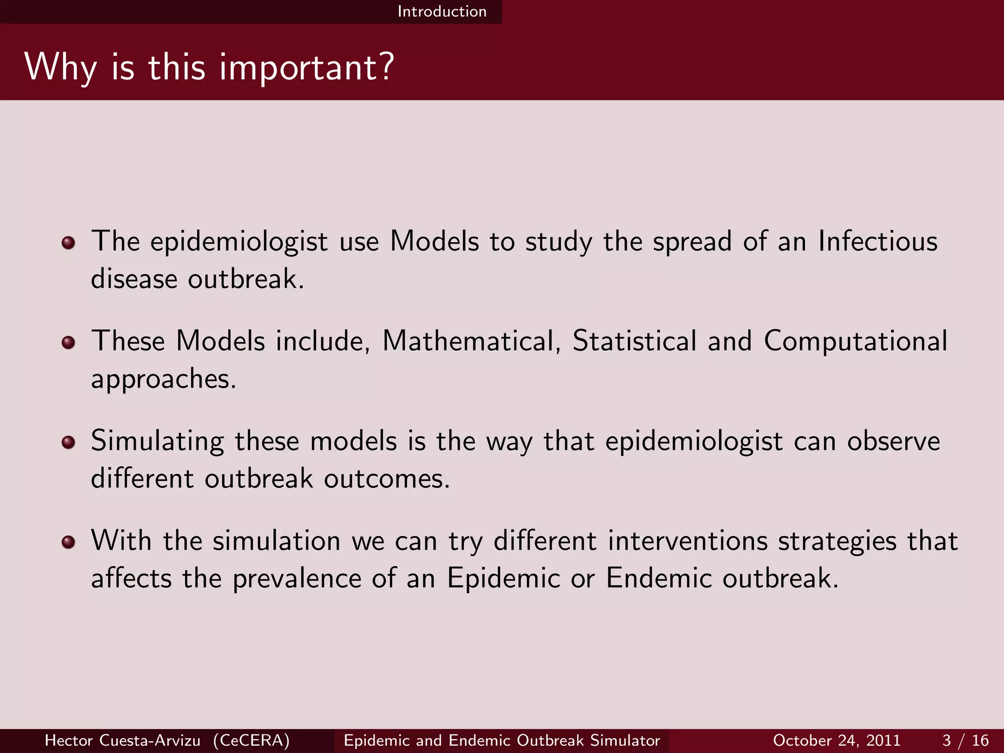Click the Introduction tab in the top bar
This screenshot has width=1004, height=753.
pos(442,11)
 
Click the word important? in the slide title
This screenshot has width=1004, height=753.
pos(306,68)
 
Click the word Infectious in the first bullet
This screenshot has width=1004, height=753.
pos(878,242)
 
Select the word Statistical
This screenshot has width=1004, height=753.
pos(634,341)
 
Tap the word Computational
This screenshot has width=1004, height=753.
pos(855,341)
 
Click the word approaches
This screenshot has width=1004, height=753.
pos(164,379)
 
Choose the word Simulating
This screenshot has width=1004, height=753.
pos(157,441)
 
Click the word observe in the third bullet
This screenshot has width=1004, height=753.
pos(893,441)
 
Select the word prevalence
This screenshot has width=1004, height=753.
pos(296,578)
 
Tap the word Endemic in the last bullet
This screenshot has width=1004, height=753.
pos(658,578)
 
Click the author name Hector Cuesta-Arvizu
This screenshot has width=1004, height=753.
pos(123,740)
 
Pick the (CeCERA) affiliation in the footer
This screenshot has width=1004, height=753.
pos(251,740)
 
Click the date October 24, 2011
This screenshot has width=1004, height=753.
pos(836,740)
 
